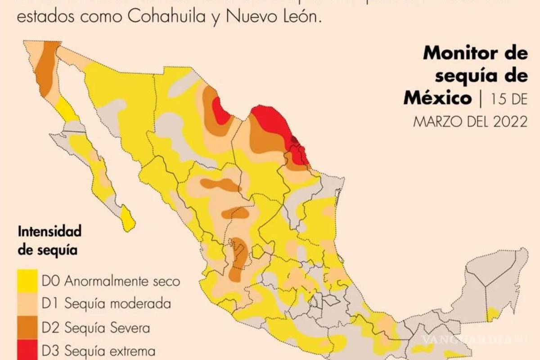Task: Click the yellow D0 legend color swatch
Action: (28, 280)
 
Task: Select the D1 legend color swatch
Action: (28, 304)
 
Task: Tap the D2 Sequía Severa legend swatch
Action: (28, 327)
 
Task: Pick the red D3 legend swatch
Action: (28, 351)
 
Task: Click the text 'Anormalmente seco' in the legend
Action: (122, 281)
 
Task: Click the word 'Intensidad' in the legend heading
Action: (49, 232)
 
